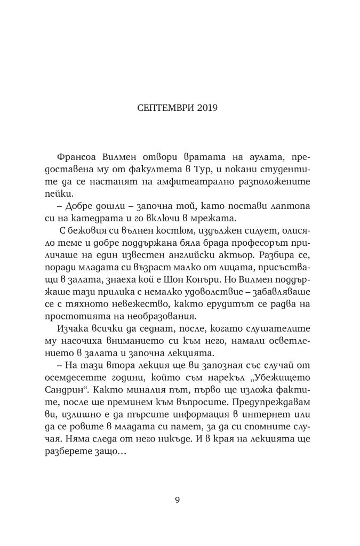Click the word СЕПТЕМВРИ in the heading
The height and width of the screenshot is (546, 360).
[x=161, y=108]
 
